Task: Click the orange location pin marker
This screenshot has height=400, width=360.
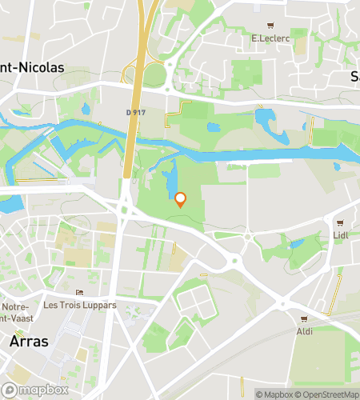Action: [181, 200]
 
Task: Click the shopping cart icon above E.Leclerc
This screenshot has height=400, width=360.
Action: [270, 25]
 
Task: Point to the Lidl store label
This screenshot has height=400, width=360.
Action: [341, 236]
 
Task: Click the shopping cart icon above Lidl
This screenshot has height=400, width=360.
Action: [341, 223]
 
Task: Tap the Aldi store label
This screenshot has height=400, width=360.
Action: [304, 330]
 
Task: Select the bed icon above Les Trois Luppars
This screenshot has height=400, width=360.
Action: [78, 293]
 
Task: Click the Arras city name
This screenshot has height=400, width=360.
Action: [29, 341]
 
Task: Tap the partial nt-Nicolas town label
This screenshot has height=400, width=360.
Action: [32, 69]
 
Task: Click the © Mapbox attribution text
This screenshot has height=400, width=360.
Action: [274, 394]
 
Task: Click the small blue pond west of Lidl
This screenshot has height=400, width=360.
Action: [297, 243]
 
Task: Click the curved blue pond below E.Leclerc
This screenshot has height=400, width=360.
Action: [264, 120]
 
